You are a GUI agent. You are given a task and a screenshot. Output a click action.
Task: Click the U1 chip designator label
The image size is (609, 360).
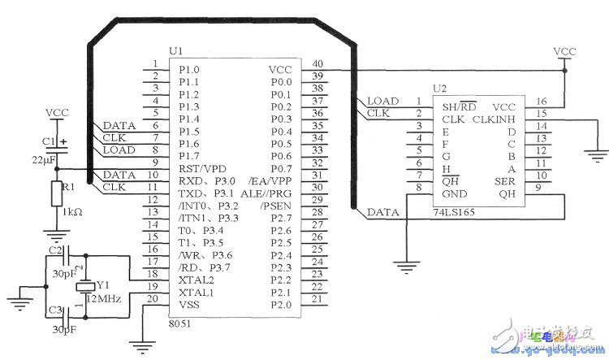tap(175, 51)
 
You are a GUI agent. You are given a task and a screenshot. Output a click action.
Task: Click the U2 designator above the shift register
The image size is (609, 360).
tap(439, 88)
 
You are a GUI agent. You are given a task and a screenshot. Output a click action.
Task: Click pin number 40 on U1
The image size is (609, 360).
tap(317, 63)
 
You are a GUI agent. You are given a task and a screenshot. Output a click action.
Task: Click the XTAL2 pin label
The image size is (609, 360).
tap(195, 279)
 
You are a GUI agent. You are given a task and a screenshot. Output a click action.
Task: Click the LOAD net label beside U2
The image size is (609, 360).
tap(382, 102)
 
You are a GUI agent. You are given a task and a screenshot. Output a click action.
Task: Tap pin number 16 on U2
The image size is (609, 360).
tap(541, 102)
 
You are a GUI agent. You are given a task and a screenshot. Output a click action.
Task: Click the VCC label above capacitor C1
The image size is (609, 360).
tap(57, 112)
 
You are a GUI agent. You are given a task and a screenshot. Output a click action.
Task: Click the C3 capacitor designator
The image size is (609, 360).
tap(54, 310)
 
